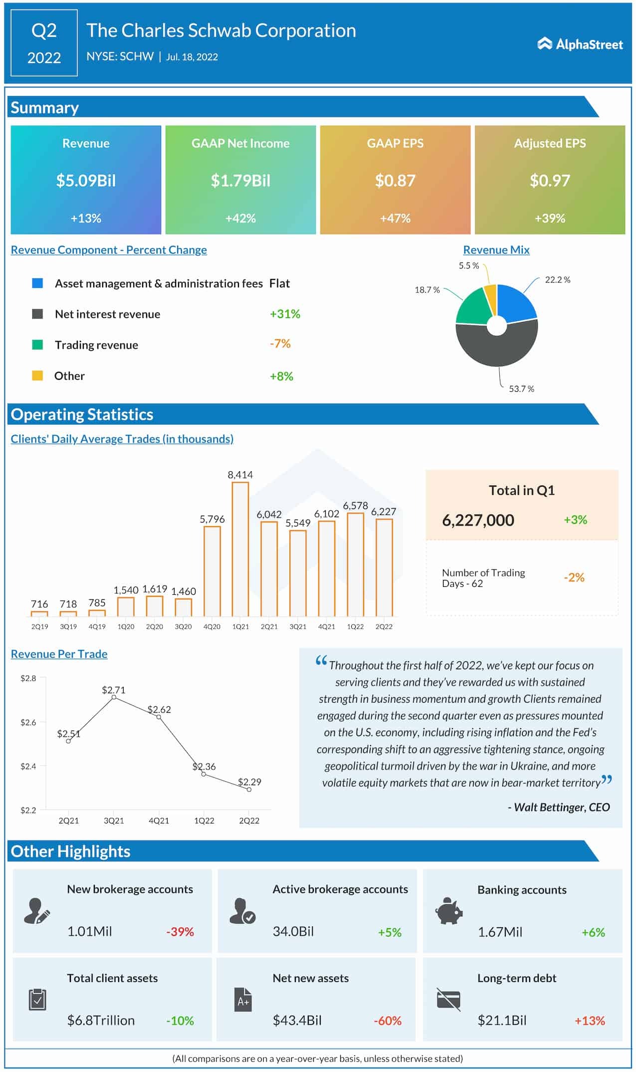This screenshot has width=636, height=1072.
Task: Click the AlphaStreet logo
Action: coord(580,44)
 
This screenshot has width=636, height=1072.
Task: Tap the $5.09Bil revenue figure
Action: coord(86,180)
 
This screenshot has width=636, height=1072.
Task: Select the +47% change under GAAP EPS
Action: coord(395,218)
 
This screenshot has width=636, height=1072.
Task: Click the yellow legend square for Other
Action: coord(37,375)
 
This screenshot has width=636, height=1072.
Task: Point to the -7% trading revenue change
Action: coord(280,344)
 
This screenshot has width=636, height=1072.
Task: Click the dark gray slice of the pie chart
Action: coord(497,349)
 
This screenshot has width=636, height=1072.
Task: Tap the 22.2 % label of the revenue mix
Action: coord(557,280)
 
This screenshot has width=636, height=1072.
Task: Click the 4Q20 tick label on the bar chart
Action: coord(212,626)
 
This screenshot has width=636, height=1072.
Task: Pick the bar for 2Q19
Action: coord(39,613)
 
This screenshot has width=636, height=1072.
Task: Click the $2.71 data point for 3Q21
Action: coord(114,697)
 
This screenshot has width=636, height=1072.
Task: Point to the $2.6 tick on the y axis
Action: coord(28,722)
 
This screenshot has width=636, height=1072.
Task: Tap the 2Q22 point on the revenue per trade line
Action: coord(249,790)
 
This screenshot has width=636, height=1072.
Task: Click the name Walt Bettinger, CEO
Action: coord(559,807)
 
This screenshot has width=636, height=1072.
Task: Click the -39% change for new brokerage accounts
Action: coord(180,932)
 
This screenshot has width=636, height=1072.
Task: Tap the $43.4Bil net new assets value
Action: coord(297,1020)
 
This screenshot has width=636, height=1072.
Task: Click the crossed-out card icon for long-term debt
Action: coord(448,1000)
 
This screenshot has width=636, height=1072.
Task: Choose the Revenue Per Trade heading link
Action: coord(59,654)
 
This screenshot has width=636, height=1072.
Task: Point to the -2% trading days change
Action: coord(574,577)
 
